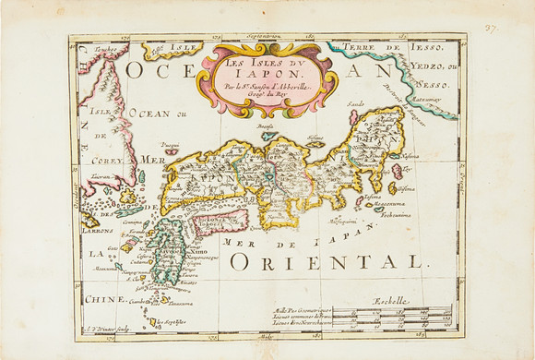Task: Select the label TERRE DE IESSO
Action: pyautogui.click(x=398, y=45)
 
